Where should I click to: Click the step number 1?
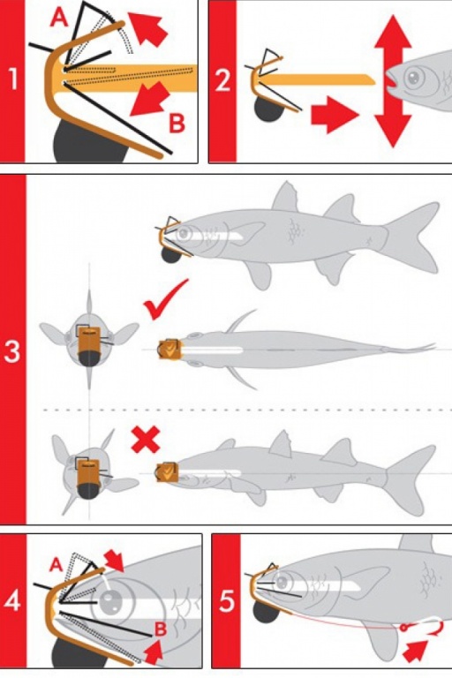coord(13,79)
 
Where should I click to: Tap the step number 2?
coord(222,80)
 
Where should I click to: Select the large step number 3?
coord(11,351)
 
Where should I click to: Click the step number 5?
coord(227,601)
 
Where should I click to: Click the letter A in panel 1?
coord(60,18)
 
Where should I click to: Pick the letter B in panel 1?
coord(177,123)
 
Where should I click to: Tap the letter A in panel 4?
coord(56,564)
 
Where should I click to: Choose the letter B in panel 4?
coord(161,629)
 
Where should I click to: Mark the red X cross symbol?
coord(146,440)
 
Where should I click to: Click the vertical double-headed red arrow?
coord(393,81)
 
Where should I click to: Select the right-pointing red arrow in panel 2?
coord(335,115)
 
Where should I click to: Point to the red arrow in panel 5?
coord(415,651)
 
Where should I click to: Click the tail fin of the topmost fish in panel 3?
coord(411,237)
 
